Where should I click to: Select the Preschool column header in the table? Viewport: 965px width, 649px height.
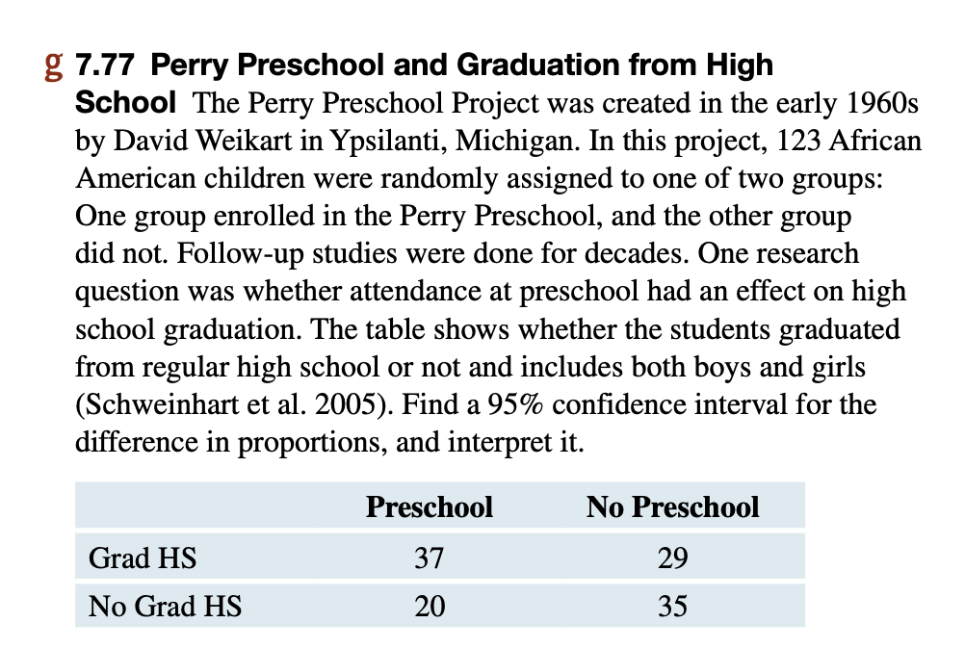pos(429,507)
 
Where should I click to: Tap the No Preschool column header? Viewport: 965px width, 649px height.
pos(672,507)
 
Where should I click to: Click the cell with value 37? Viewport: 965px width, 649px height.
pos(429,558)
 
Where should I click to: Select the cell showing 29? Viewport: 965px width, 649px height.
pos(672,558)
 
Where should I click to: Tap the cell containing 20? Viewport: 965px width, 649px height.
pos(429,607)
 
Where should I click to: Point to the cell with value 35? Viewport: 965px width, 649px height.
pos(672,607)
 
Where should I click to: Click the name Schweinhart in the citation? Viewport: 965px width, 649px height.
pos(160,404)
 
